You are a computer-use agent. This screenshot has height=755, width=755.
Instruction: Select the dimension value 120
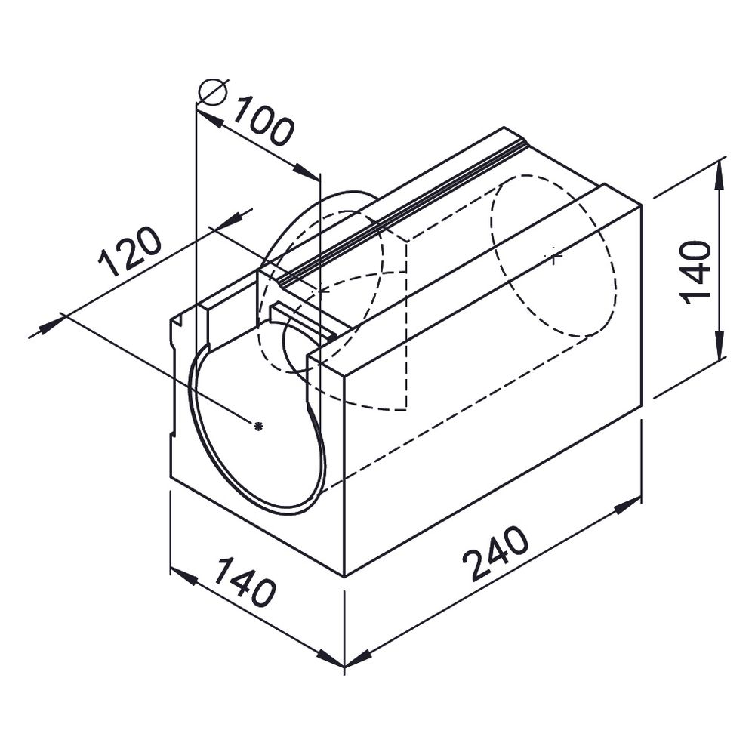[129, 251]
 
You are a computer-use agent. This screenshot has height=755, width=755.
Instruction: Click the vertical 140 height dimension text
[695, 273]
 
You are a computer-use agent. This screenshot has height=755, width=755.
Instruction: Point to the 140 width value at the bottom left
[244, 581]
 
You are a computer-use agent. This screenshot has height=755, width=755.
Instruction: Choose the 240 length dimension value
[495, 553]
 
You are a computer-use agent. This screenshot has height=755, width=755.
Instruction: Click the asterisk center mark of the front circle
[258, 426]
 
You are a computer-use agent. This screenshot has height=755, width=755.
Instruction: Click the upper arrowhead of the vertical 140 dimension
[720, 176]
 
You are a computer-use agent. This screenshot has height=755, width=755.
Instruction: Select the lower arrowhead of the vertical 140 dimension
[720, 344]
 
